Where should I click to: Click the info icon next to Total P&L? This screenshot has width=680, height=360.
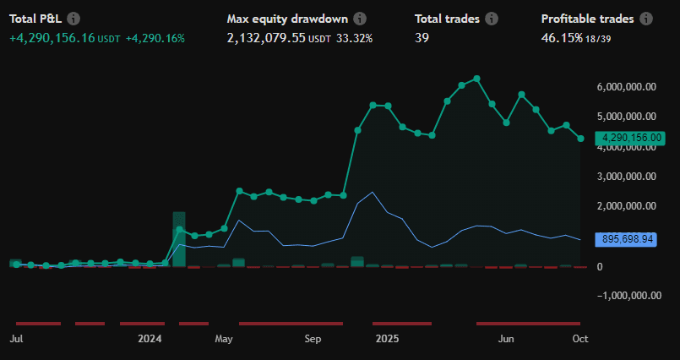point(73,19)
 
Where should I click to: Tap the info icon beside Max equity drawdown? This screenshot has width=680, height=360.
point(361,19)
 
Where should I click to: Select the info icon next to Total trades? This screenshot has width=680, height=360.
point(492,19)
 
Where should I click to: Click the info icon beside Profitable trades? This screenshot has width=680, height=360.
point(646,19)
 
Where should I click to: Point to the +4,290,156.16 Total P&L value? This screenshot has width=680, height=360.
point(52,38)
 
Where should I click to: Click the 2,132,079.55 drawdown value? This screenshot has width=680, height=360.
point(266,38)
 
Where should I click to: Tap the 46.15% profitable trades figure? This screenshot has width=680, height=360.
point(561,38)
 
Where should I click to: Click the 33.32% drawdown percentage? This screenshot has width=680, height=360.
point(354,38)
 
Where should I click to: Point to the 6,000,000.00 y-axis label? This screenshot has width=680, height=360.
point(627,86)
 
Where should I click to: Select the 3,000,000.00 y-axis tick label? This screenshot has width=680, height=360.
point(627,177)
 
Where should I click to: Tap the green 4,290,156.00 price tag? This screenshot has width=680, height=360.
point(632,138)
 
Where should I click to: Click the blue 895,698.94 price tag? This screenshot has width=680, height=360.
point(626,239)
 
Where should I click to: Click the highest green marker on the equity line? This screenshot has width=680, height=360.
point(477,79)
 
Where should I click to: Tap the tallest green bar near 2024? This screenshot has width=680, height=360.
point(179,239)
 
